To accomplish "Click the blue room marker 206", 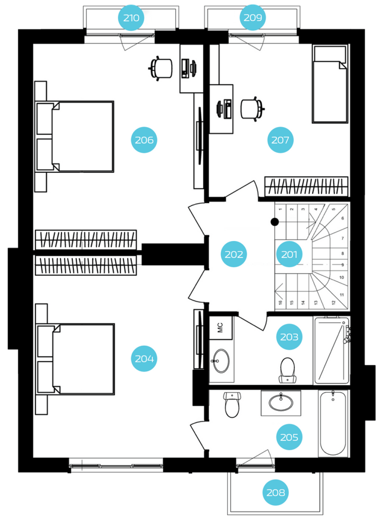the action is pos(144,140).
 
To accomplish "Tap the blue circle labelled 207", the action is pos(280,140).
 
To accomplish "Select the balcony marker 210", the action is pos(131,18).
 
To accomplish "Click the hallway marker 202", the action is pos(234,254).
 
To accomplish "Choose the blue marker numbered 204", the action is pos(144,359).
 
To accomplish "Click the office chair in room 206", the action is pos(160,69).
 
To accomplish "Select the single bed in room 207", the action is pos(330,84).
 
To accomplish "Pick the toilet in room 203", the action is pos(288,370).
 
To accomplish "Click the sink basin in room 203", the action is pos(221,361).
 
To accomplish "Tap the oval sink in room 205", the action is pos(281,402).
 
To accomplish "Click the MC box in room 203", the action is pos(221,327).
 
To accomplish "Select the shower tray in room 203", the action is pos(331,350).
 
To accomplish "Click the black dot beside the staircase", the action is pos(275,222).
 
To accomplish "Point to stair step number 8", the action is pos(342,253).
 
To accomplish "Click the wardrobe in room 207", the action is pos(306,186).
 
